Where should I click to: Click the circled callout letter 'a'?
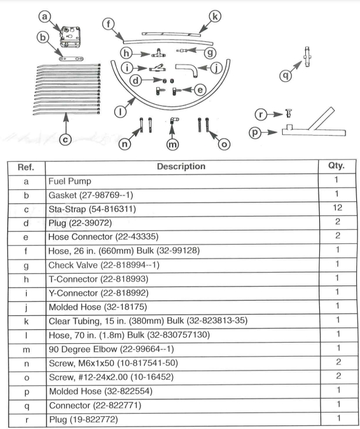point(44,16)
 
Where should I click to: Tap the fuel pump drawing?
point(71,37)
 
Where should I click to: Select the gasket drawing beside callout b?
point(71,59)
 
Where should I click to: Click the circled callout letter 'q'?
point(285,75)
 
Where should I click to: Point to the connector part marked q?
point(307,57)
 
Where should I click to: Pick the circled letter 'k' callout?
point(215,16)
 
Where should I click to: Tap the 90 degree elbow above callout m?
point(174,120)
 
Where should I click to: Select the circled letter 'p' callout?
point(255,133)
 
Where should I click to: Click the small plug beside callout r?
point(289,113)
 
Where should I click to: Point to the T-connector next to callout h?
point(158,53)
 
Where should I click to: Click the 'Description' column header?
point(181,166)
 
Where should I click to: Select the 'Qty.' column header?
point(336,166)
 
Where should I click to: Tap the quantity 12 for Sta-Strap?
point(337,208)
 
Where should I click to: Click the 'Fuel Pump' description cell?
point(70,181)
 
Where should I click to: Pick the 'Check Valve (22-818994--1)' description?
point(104,265)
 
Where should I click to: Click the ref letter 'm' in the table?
point(26,350)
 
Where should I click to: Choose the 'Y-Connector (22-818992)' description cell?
point(99,293)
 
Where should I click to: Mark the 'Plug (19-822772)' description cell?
point(84,419)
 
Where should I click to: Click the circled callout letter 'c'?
point(66,139)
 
